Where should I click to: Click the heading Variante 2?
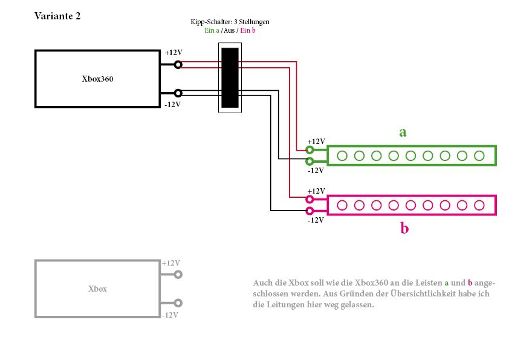[57, 16]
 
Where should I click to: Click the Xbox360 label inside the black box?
[97, 79]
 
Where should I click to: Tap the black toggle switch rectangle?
[230, 77]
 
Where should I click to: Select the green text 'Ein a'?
[212, 30]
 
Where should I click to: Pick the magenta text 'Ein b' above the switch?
[248, 30]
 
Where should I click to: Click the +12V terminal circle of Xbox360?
[178, 65]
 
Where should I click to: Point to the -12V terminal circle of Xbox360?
[178, 93]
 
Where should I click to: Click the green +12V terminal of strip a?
[310, 150]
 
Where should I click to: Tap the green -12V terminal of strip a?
[310, 161]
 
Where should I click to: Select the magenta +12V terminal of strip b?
[310, 199]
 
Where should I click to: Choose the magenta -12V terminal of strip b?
[310, 211]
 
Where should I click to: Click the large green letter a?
[403, 133]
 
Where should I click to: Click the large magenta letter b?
[404, 228]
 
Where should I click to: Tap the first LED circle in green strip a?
[342, 156]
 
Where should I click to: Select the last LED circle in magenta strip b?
[479, 205]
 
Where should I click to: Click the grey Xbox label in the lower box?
[97, 289]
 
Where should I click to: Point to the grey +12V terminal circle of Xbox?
[178, 275]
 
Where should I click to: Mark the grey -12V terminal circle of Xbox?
[178, 303]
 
